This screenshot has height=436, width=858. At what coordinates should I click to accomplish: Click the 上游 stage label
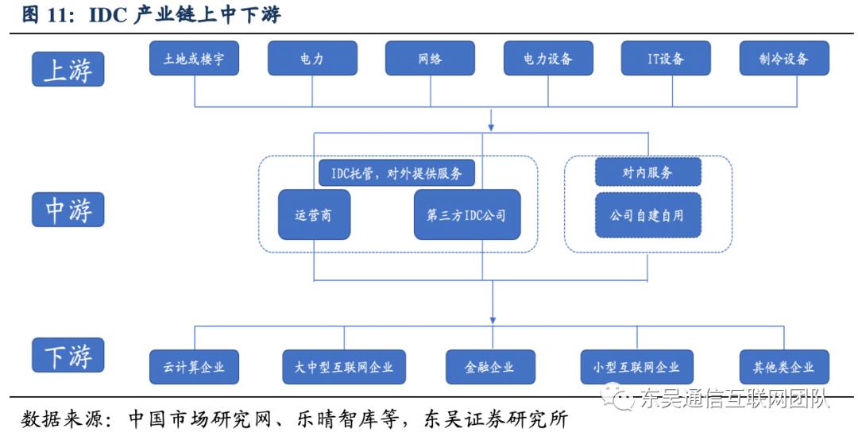[68, 70]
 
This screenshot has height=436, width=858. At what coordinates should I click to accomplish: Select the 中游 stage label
[68, 210]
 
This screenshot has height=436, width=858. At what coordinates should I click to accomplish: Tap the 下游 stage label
[68, 355]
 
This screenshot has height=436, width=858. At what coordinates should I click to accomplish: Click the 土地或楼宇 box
[194, 59]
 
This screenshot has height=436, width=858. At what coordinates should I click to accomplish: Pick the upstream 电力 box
[312, 59]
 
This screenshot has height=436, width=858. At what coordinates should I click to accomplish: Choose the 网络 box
[430, 59]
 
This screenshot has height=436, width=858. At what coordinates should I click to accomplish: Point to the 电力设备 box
[548, 59]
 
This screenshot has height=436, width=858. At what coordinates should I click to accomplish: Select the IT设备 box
[666, 59]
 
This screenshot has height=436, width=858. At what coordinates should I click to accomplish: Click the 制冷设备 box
[784, 59]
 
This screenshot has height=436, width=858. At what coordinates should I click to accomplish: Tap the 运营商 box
[314, 214]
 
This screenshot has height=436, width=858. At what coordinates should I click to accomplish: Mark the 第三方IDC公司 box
[467, 214]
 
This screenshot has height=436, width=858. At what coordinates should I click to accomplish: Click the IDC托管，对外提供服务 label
[396, 172]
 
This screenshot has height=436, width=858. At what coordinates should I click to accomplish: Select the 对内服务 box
[648, 172]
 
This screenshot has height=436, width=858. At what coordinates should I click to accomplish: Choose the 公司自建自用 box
[648, 214]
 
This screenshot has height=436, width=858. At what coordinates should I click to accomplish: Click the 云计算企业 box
[195, 367]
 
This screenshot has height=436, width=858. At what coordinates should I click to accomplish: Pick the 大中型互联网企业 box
[344, 367]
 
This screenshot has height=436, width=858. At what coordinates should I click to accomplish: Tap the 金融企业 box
[490, 367]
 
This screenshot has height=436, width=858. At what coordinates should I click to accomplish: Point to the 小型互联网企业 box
[636, 367]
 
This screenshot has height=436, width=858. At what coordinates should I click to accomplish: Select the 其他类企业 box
[784, 367]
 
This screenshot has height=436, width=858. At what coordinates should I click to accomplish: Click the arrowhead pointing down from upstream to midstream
[491, 125]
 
